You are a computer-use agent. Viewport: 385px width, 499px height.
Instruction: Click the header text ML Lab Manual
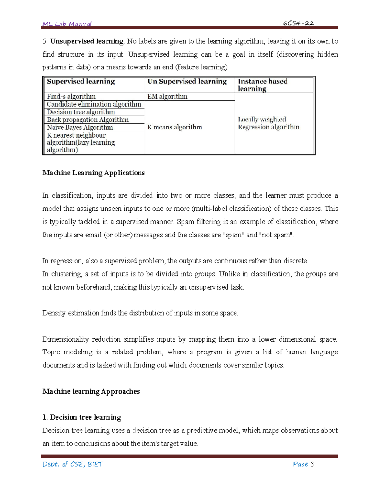click(x=67, y=24)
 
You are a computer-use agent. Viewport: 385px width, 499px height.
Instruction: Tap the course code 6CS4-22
click(x=298, y=23)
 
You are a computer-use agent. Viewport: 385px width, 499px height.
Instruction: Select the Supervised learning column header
click(x=81, y=82)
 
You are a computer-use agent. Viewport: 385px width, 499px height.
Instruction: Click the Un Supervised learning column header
click(x=187, y=82)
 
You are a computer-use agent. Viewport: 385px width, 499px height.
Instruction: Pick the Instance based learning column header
click(x=262, y=85)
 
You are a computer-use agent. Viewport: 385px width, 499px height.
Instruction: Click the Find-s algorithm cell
click(x=71, y=97)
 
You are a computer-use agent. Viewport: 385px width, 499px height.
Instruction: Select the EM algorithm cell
click(x=167, y=97)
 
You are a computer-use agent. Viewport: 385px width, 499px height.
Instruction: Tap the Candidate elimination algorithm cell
click(x=94, y=104)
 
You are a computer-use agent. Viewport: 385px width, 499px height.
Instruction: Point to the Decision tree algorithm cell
click(x=81, y=112)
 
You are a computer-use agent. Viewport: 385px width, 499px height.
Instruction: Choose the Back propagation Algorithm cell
click(x=88, y=120)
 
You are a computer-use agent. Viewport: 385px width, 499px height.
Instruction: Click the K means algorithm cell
click(x=175, y=127)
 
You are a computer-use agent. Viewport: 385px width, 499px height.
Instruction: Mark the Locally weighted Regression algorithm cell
click(x=269, y=123)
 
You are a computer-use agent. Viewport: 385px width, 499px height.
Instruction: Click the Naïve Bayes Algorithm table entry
click(x=80, y=128)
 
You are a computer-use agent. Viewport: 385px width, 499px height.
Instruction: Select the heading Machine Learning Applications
click(x=93, y=173)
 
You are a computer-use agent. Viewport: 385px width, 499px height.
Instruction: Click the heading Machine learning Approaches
click(x=91, y=391)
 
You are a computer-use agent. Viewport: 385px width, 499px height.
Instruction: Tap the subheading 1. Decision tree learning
click(x=81, y=417)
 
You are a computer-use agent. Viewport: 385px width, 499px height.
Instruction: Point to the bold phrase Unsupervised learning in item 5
click(x=87, y=41)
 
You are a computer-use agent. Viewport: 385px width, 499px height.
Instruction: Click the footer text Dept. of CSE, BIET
click(x=73, y=464)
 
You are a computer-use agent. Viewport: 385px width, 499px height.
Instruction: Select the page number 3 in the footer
click(x=312, y=464)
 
